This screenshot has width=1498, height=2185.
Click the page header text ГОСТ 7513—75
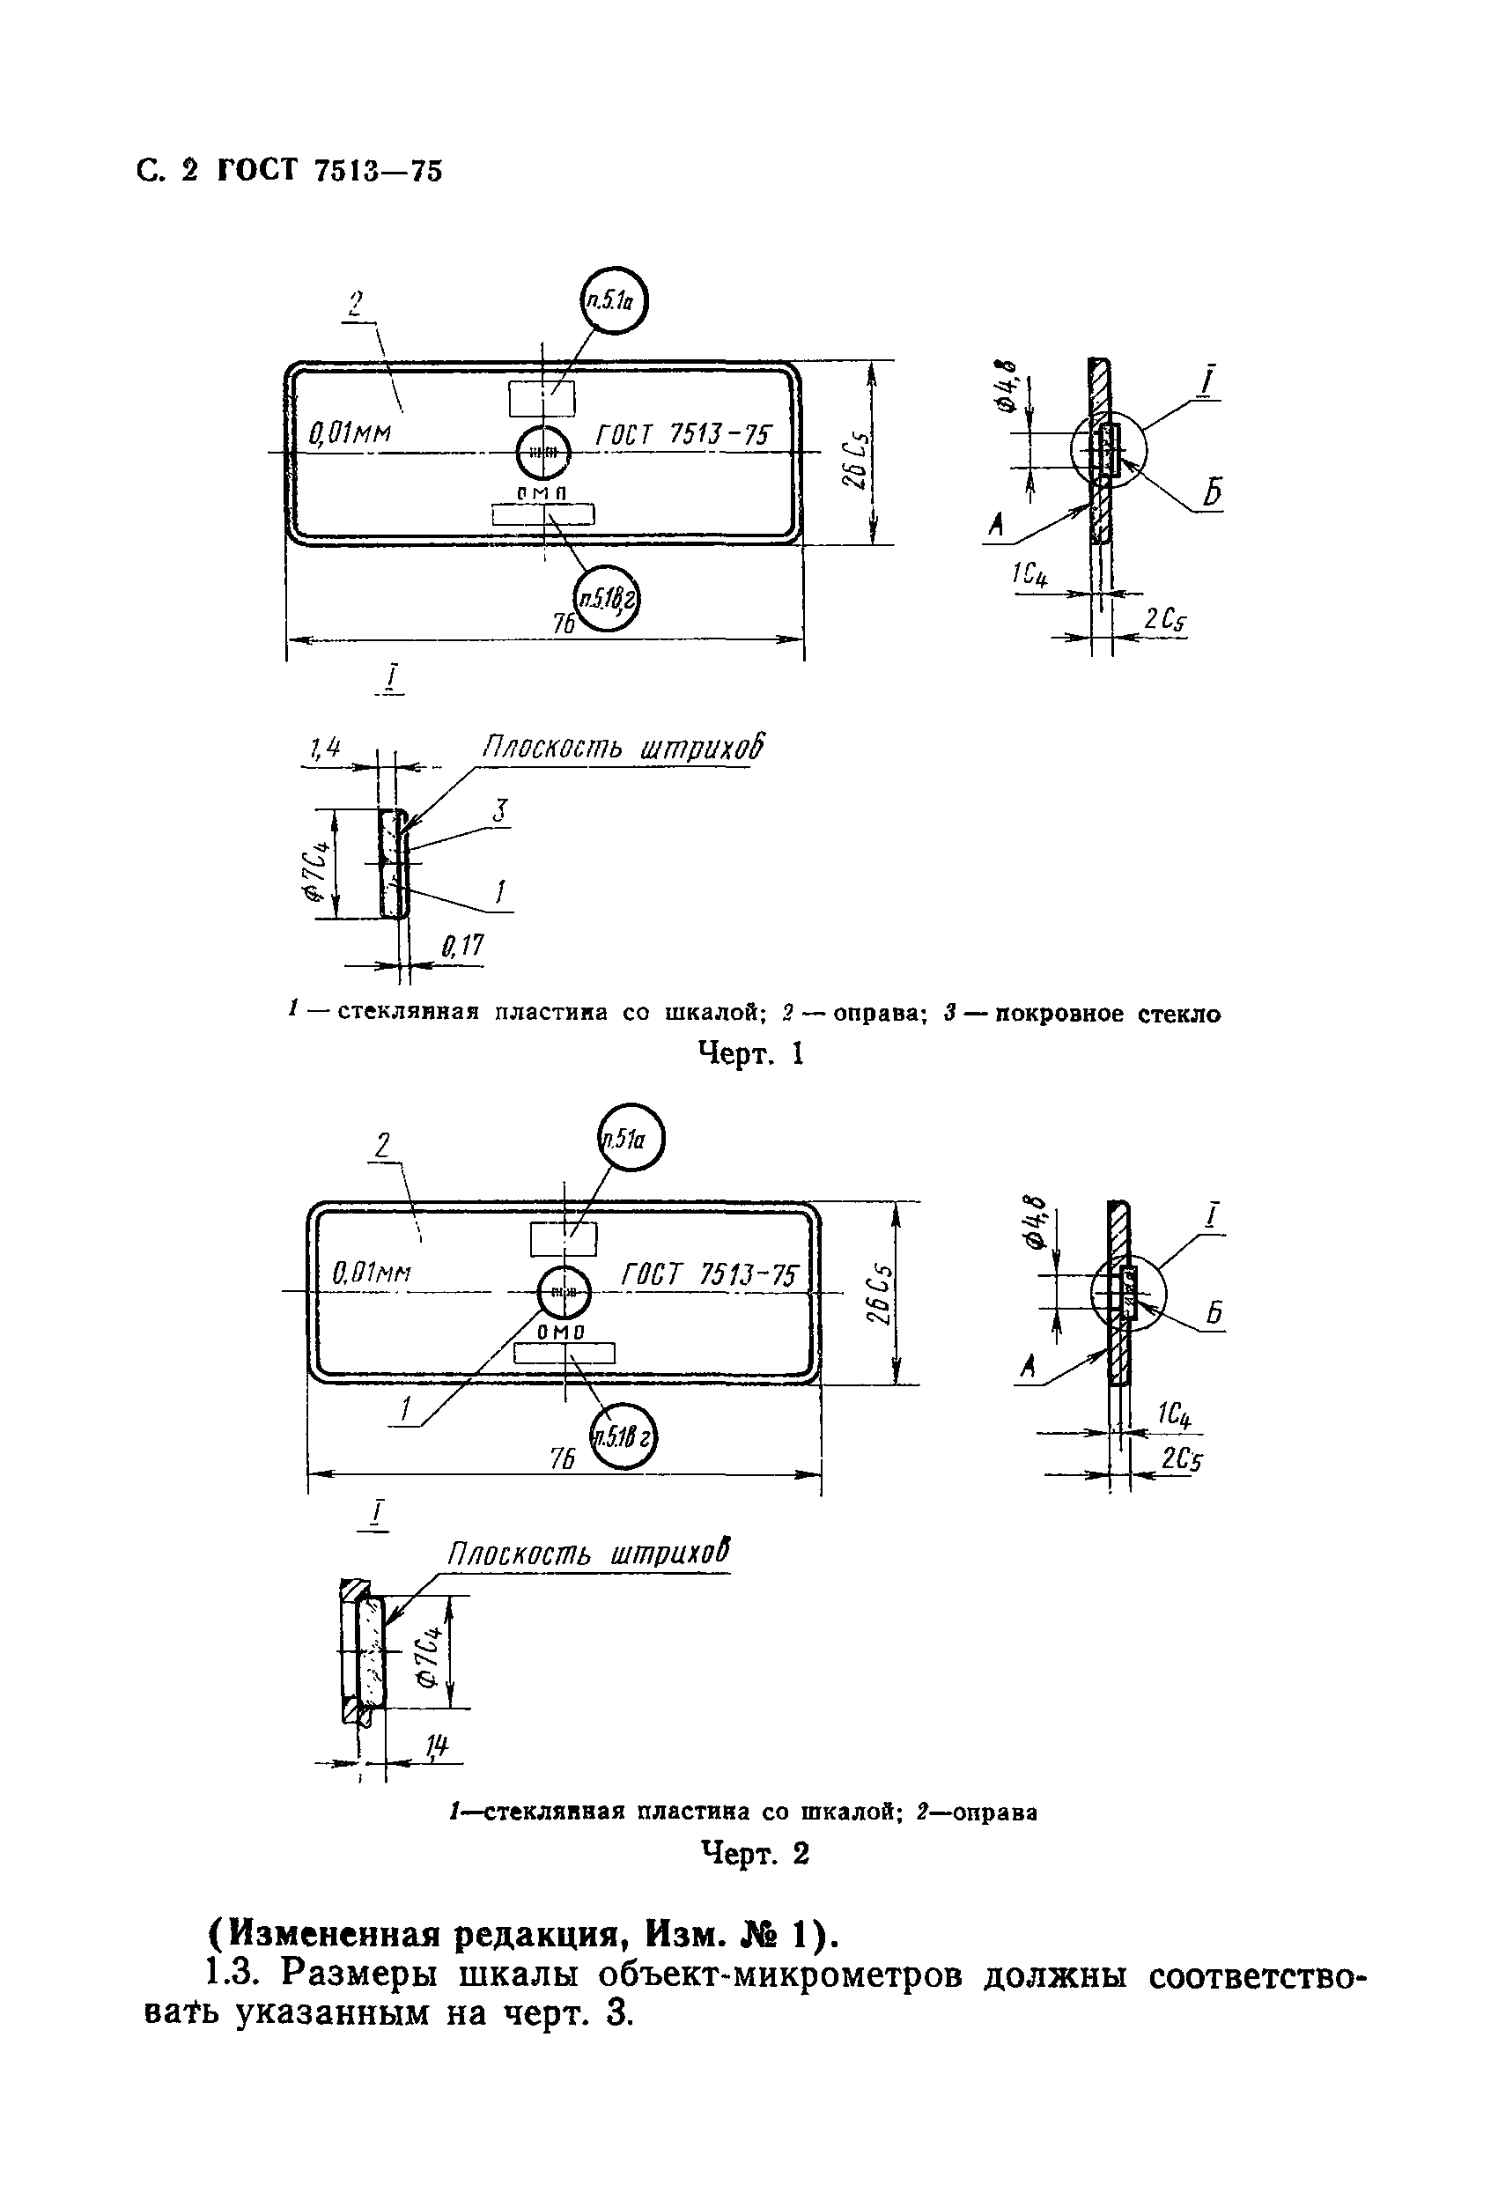pos(329,171)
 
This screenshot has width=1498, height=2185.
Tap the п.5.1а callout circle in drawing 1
pos(614,301)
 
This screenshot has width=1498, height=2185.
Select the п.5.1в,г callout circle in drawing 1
pos(608,599)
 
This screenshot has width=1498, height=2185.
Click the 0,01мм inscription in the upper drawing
pos(350,433)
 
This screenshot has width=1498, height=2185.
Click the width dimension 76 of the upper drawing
pos(564,624)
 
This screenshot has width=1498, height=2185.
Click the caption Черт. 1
pos(750,1054)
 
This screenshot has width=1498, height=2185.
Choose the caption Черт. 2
pos(755,1853)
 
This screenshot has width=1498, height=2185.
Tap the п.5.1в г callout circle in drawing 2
pos(622,1436)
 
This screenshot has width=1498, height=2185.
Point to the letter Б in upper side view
pos(1213,492)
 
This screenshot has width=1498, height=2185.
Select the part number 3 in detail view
pos(501,810)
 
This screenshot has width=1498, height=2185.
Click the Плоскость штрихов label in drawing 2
pos(587,1554)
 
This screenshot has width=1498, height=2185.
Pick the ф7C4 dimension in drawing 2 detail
pos(430,1656)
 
